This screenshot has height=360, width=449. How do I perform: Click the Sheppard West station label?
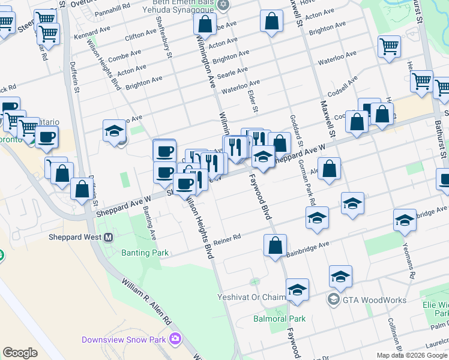click(75, 237)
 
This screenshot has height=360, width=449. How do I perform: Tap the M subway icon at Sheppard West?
click(109, 237)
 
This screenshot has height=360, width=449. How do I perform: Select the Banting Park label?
click(145, 253)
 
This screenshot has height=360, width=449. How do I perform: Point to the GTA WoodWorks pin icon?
click(333, 299)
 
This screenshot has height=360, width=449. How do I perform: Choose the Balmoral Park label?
click(279, 319)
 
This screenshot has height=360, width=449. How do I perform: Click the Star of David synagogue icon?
click(223, 5)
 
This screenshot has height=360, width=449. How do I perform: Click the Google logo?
click(20, 353)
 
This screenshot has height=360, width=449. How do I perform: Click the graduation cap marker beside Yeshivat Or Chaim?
click(297, 290)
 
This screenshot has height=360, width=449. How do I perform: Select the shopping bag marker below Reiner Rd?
click(275, 246)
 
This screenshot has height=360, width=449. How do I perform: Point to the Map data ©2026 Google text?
click(411, 355)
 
